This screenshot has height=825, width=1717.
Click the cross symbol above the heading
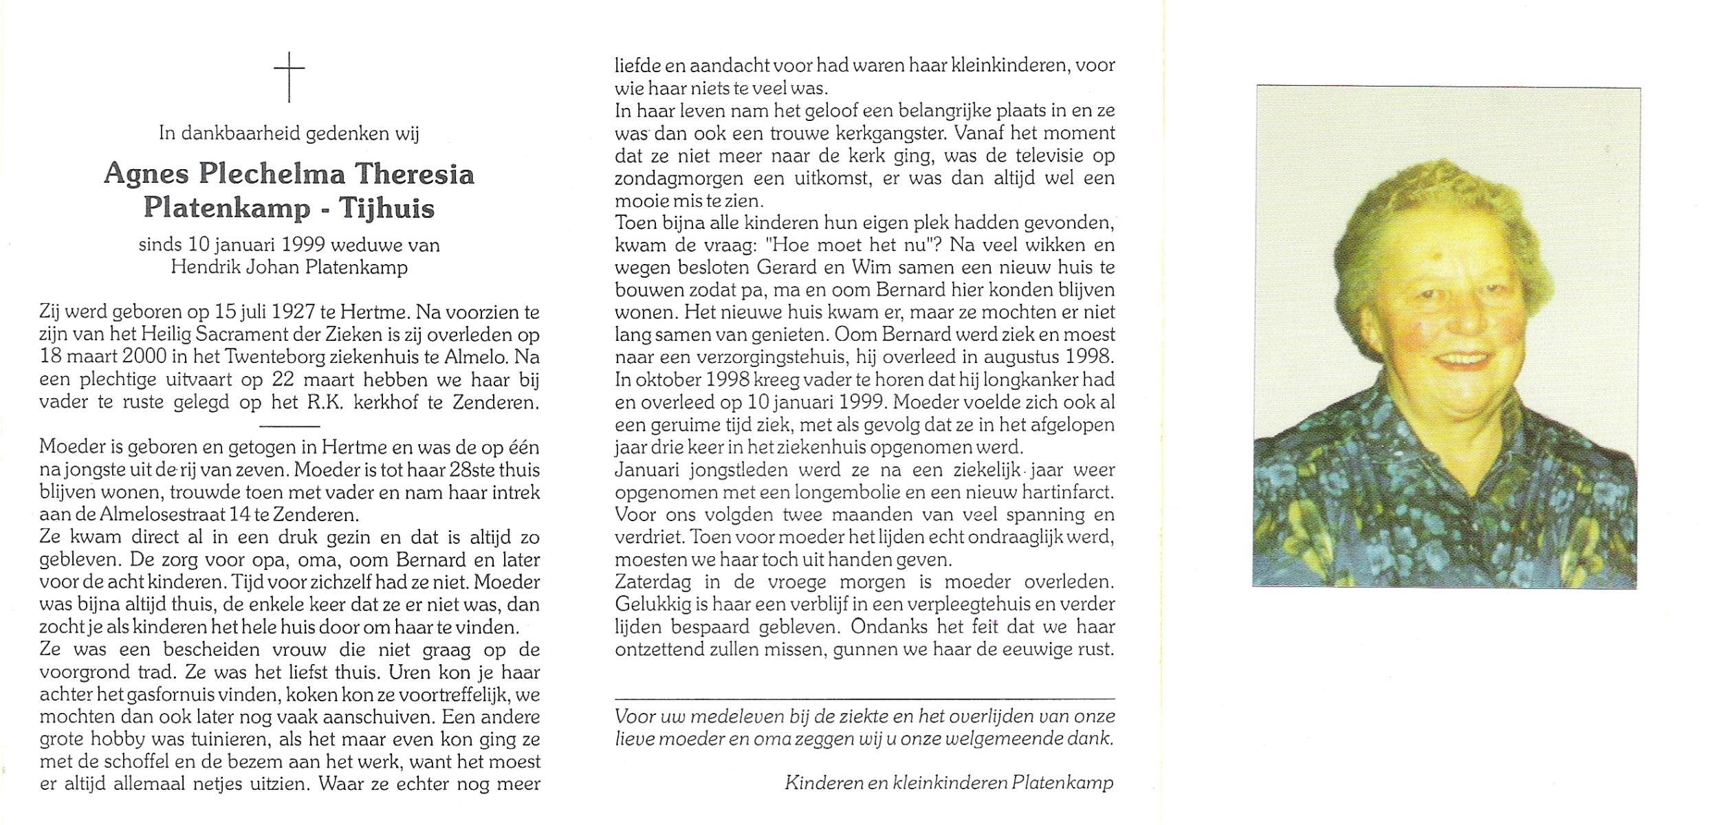click(289, 76)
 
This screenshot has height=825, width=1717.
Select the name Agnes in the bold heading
click(146, 174)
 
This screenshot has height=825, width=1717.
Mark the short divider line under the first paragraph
click(289, 426)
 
